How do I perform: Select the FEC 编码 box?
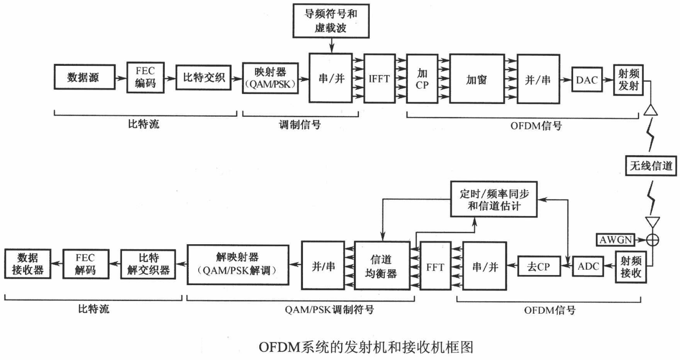pyautogui.click(x=144, y=78)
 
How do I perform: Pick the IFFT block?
pyautogui.click(x=379, y=78)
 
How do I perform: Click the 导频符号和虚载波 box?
pyautogui.click(x=331, y=22)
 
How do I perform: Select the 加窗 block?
pyautogui.click(x=476, y=78)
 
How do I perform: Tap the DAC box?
pyautogui.click(x=586, y=80)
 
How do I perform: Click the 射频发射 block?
pyautogui.click(x=627, y=80)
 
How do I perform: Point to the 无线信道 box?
pyautogui.click(x=651, y=167)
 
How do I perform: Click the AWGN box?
pyautogui.click(x=616, y=239)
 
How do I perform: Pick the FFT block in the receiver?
pyautogui.click(x=434, y=266)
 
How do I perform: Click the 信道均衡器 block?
pyautogui.click(x=381, y=266)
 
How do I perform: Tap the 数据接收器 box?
pyautogui.click(x=28, y=263)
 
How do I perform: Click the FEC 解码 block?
pyautogui.click(x=85, y=263)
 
